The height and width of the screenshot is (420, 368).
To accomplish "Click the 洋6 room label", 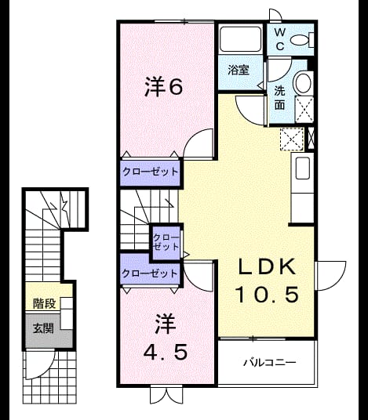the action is (x=164, y=86).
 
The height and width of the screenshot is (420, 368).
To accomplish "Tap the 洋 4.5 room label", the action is (x=166, y=337).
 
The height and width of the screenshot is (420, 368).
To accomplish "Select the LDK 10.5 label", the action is (x=267, y=281).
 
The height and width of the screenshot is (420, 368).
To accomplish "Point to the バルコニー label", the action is (x=270, y=363).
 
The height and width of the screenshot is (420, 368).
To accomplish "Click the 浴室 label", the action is (x=239, y=71).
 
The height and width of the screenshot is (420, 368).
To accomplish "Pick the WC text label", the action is (x=280, y=40).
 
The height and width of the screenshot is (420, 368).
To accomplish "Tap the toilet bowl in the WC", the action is (x=302, y=40).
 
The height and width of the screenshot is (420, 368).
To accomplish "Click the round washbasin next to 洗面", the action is (x=304, y=82).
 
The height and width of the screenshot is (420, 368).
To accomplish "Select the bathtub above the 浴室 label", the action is (x=241, y=38).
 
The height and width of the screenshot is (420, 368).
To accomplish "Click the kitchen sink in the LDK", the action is (x=304, y=168).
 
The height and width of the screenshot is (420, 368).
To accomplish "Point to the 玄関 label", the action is (x=43, y=328).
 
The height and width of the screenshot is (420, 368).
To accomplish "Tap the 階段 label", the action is (x=44, y=303).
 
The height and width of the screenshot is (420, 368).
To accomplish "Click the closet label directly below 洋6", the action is (x=150, y=172).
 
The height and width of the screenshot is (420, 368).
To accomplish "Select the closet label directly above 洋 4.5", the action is (x=150, y=273).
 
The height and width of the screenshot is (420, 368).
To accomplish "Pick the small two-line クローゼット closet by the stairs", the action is (x=166, y=242).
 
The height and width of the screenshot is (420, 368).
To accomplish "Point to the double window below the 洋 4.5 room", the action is (x=166, y=394).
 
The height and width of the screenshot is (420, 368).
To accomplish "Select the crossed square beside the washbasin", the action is (x=304, y=110).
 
